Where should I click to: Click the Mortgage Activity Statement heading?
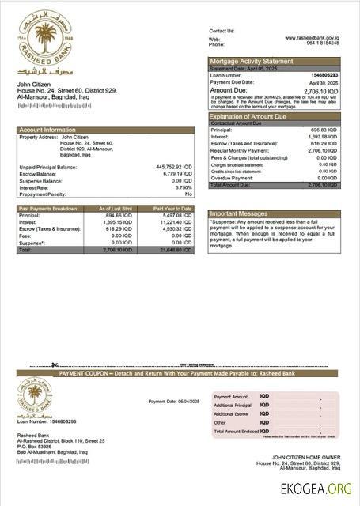pyautogui.click(x=251, y=61)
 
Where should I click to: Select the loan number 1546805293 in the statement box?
pyautogui.click(x=323, y=74)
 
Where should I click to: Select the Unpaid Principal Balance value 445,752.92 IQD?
pyautogui.click(x=172, y=168)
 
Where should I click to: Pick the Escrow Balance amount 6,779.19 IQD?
pyautogui.click(x=175, y=174)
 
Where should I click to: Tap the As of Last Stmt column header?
pyautogui.click(x=116, y=209)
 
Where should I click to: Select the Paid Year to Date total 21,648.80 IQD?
pyautogui.click(x=174, y=250)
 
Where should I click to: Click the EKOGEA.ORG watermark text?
pyautogui.click(x=316, y=489)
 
